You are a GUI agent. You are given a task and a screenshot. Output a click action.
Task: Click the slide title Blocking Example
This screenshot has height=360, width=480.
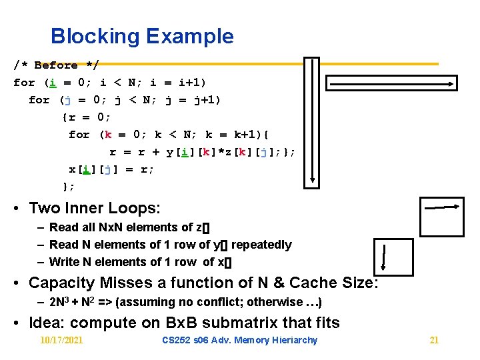tap(142, 36)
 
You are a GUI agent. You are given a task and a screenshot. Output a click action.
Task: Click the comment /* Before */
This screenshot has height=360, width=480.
tap(56, 65)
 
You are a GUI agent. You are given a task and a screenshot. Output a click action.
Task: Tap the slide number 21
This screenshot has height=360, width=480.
tap(434, 340)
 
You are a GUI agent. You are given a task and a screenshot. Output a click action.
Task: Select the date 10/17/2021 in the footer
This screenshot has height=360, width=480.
tap(61, 340)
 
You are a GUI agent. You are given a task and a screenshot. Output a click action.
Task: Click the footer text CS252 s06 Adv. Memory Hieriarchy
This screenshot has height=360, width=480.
tap(240, 340)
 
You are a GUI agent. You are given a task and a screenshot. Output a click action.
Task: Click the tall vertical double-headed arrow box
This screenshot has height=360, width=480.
tap(311, 120)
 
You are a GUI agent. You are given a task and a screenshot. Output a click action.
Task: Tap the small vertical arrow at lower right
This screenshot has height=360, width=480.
tap(385, 259)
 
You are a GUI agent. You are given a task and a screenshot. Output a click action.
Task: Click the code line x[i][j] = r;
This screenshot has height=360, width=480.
tap(111, 169)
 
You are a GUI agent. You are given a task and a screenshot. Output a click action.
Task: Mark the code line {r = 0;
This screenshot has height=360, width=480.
tap(87, 117)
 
